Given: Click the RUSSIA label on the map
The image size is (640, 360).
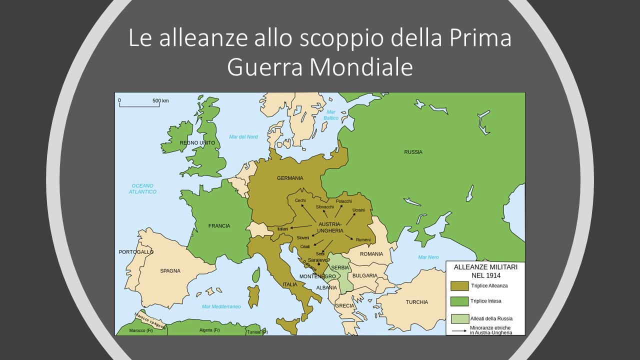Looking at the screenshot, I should [413, 152].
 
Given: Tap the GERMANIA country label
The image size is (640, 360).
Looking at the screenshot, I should [290, 178].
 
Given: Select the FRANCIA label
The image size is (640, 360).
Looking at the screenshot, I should [219, 226].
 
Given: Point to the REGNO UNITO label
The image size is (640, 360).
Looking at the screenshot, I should [197, 143].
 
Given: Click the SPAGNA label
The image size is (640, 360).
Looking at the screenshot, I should [170, 271].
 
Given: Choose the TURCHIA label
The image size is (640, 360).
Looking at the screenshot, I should [416, 302].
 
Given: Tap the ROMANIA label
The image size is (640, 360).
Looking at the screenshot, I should [371, 254].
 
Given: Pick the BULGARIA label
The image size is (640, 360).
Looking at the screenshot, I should [364, 275].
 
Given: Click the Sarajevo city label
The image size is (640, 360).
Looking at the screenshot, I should [318, 260].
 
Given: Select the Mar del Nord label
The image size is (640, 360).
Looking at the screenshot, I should [243, 137].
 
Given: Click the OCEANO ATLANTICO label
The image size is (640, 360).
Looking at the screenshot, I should [142, 188].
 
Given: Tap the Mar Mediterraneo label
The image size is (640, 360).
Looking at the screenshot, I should [221, 306].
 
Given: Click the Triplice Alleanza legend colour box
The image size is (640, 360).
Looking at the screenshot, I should [459, 286].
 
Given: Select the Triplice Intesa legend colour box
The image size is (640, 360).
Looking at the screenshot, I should [459, 301].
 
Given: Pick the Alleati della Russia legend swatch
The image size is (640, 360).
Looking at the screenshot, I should [459, 318].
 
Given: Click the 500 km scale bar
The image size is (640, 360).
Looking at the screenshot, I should [138, 105].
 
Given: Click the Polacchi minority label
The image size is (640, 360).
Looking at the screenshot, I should [344, 201].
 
